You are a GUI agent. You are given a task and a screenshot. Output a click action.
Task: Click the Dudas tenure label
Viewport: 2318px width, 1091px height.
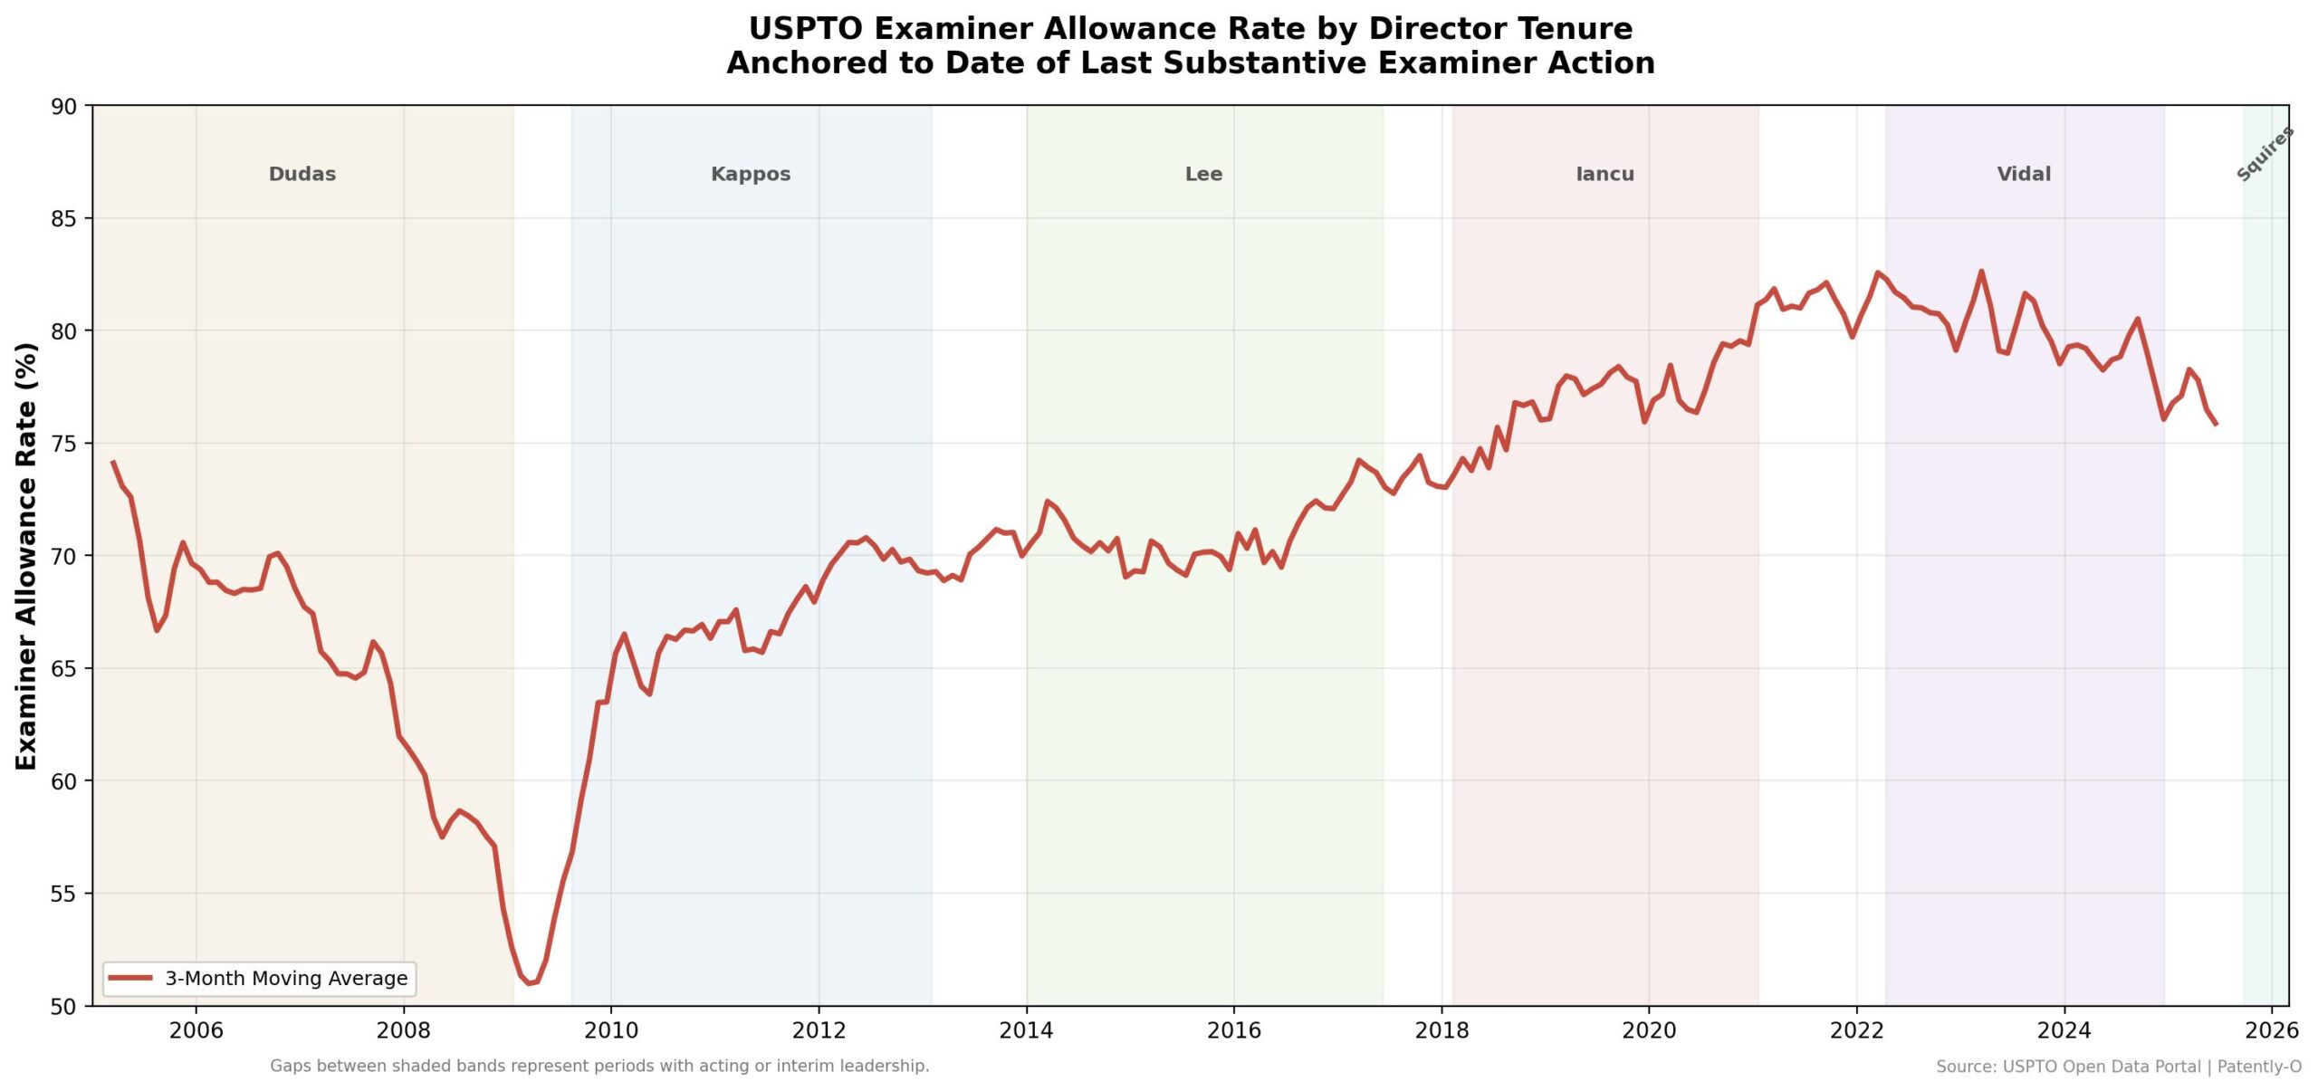pyautogui.click(x=302, y=174)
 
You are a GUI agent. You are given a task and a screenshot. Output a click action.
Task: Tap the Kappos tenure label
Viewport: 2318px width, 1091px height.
pyautogui.click(x=750, y=174)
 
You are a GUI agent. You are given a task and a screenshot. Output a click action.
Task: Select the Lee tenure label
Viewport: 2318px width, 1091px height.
pyautogui.click(x=1202, y=174)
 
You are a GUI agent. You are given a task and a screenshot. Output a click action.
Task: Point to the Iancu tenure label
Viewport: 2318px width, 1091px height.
pyautogui.click(x=1604, y=174)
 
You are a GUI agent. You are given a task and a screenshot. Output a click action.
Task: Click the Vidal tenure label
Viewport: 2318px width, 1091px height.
pyautogui.click(x=2023, y=174)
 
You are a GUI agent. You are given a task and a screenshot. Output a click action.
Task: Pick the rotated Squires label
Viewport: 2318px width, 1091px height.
pyautogui.click(x=2265, y=154)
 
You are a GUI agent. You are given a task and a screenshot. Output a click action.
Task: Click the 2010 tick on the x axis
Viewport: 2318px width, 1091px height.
pyautogui.click(x=610, y=1030)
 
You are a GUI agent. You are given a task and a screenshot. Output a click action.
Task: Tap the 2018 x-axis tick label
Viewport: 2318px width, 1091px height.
pyautogui.click(x=1442, y=1030)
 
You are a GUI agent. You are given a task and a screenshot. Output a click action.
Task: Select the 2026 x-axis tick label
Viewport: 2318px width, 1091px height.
pyautogui.click(x=2272, y=1030)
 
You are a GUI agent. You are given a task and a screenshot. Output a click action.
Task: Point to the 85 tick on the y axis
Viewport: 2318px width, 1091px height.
pyautogui.click(x=63, y=219)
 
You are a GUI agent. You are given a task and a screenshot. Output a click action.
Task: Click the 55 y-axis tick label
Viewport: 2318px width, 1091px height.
pyautogui.click(x=63, y=895)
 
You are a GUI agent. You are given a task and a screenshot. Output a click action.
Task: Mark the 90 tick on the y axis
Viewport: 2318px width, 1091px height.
pyautogui.click(x=63, y=107)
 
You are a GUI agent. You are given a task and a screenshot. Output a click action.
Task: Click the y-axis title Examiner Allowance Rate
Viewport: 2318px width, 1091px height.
pyautogui.click(x=26, y=556)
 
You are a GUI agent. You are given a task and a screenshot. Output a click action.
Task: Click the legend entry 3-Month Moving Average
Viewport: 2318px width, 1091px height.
pyautogui.click(x=285, y=979)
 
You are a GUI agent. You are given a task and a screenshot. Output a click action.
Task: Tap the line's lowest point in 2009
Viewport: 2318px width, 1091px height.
pyautogui.click(x=531, y=983)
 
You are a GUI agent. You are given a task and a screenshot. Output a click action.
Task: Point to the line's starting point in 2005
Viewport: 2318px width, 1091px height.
pyautogui.click(x=113, y=462)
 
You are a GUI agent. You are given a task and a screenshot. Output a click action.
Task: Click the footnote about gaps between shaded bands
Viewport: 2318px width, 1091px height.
pyautogui.click(x=599, y=1066)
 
